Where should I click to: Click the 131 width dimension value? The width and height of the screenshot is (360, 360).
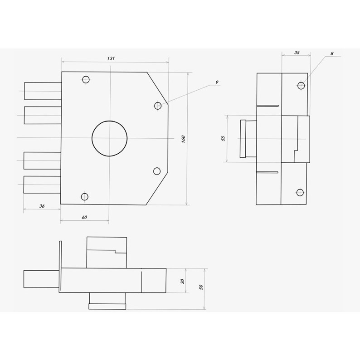pos(111,58)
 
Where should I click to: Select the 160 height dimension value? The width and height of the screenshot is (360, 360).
pos(183,139)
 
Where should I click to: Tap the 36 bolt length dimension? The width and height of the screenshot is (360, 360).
pos(42,206)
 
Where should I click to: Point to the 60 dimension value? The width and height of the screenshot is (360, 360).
pos(84,217)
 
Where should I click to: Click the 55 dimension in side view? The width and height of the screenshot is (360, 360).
pos(223,138)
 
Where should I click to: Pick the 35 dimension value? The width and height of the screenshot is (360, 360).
pos(297,52)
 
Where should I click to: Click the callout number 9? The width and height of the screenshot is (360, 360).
pos(217,82)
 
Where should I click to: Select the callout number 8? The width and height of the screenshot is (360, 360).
pos(332,54)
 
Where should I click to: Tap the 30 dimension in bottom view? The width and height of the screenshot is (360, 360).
pos(182,281)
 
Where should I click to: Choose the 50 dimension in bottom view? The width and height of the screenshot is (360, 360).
pos(201,287)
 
